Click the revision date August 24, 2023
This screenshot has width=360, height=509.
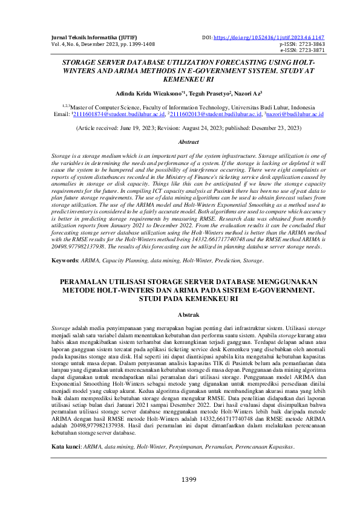point(200,129)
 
